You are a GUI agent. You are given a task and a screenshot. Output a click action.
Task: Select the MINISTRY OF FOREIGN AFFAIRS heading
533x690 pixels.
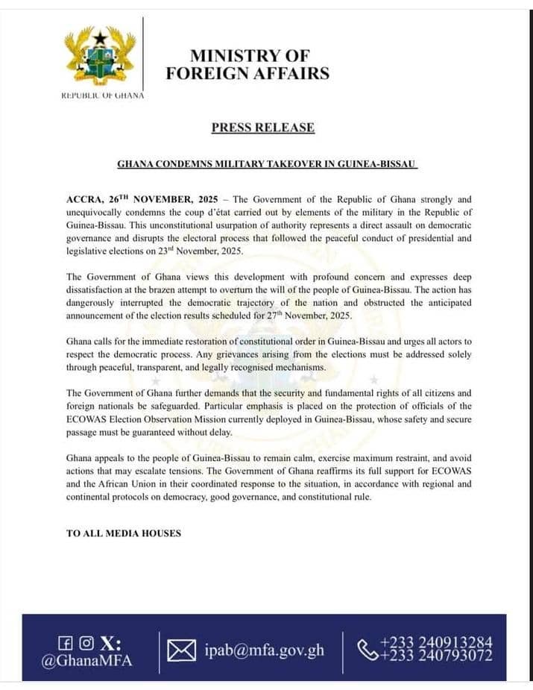coord(247,64)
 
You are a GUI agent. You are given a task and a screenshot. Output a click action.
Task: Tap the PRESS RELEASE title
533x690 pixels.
coord(262,128)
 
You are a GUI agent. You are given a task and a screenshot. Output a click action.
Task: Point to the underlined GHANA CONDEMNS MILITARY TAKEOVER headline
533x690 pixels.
coord(266,163)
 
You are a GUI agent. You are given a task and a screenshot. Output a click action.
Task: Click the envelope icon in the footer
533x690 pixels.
coord(181,650)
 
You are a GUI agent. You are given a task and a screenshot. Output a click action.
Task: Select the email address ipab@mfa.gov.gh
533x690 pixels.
coord(264,650)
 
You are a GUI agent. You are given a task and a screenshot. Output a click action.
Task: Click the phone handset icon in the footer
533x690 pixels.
coord(368,650)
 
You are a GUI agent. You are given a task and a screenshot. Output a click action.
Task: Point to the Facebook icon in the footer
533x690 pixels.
coord(65,643)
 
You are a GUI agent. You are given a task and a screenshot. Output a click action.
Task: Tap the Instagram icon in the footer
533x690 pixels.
coord(86,643)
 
